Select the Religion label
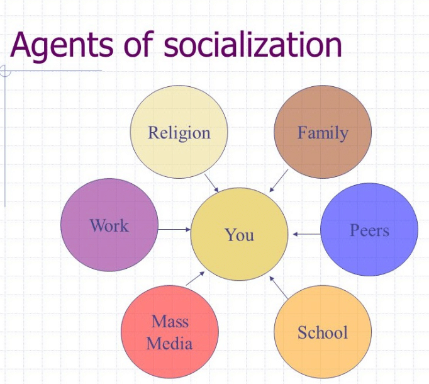click(x=179, y=133)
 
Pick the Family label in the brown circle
click(x=323, y=133)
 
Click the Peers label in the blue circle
click(x=369, y=230)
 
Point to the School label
click(x=323, y=332)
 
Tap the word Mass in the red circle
click(x=170, y=322)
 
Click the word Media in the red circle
click(x=170, y=343)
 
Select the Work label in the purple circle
click(x=109, y=225)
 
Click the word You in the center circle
click(x=239, y=235)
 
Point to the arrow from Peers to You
click(x=306, y=234)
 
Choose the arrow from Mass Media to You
click(x=196, y=278)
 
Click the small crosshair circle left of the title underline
click(x=4, y=71)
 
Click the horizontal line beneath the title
click(x=57, y=71)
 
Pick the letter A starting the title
click(x=21, y=45)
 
